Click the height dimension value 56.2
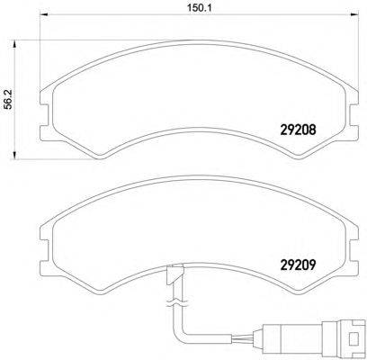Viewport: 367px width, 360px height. [x=9, y=99]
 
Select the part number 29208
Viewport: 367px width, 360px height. [x=298, y=130]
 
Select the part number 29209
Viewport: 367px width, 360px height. [x=298, y=264]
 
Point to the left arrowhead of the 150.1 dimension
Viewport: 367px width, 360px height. [x=44, y=14]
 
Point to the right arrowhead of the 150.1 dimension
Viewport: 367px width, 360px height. [x=354, y=14]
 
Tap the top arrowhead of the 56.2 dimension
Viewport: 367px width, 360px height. [x=13, y=44]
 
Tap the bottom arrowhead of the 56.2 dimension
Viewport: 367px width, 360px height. [x=13, y=156]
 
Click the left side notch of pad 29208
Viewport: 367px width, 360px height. [x=44, y=115]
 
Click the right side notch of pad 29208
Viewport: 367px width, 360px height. [x=354, y=115]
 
